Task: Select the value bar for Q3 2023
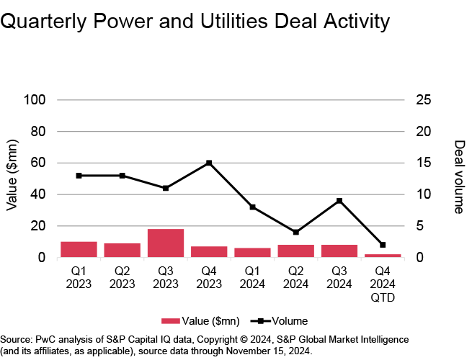pyautogui.click(x=166, y=243)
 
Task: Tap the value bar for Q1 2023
pyautogui.click(x=79, y=249)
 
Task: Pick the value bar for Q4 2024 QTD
pyautogui.click(x=383, y=256)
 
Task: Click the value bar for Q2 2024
pyautogui.click(x=296, y=251)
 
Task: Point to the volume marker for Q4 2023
pyautogui.click(x=209, y=163)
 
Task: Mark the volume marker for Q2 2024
pyautogui.click(x=296, y=232)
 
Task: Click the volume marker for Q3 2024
pyautogui.click(x=339, y=201)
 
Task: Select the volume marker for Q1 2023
pyautogui.click(x=79, y=176)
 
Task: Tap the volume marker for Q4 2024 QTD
pyautogui.click(x=383, y=245)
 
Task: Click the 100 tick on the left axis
pyautogui.click(x=35, y=100)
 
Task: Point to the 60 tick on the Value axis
pyautogui.click(x=38, y=163)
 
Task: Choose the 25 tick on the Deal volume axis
pyautogui.click(x=424, y=100)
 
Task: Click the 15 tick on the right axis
pyautogui.click(x=424, y=163)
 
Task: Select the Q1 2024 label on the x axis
pyautogui.click(x=252, y=278)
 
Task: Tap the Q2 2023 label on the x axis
pyautogui.click(x=122, y=278)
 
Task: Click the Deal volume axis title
pyautogui.click(x=459, y=177)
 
